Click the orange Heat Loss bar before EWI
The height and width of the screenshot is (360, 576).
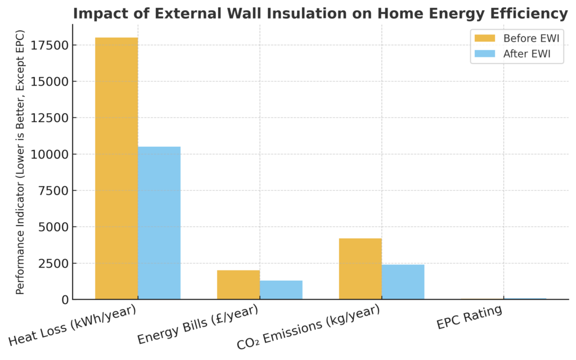tap(116, 168)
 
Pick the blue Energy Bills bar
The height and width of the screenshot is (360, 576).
tap(281, 290)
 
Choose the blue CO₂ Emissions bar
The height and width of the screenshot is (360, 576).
tap(403, 282)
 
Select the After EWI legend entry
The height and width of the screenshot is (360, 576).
tap(515, 54)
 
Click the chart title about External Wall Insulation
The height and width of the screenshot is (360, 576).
tap(320, 13)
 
